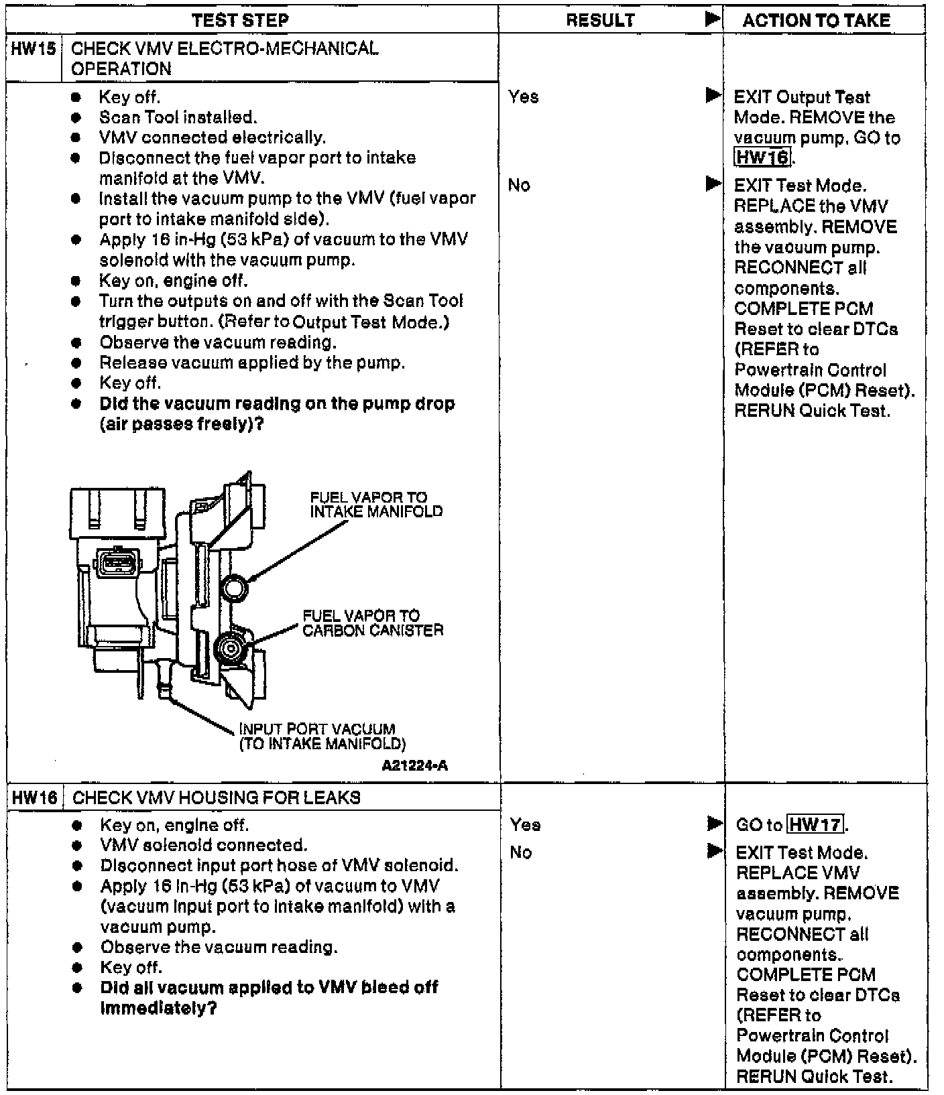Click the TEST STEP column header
pyautogui.click(x=240, y=20)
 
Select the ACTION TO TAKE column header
pyautogui.click(x=816, y=20)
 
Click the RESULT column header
pyautogui.click(x=600, y=20)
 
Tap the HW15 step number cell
pyautogui.click(x=34, y=49)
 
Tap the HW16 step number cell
pyautogui.click(x=34, y=797)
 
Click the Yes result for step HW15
pyautogui.click(x=524, y=97)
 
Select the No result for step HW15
pyautogui.click(x=519, y=185)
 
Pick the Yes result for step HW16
pyautogui.click(x=525, y=824)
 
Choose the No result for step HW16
pyautogui.click(x=520, y=852)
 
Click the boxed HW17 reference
pyautogui.click(x=815, y=824)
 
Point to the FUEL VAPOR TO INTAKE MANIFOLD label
pyautogui.click(x=376, y=505)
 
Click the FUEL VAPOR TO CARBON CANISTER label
pyautogui.click(x=373, y=623)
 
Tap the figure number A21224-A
pyautogui.click(x=414, y=765)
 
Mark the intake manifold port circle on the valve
pyautogui.click(x=235, y=588)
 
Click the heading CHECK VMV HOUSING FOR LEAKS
pyautogui.click(x=216, y=797)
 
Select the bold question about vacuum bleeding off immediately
pyautogui.click(x=268, y=997)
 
